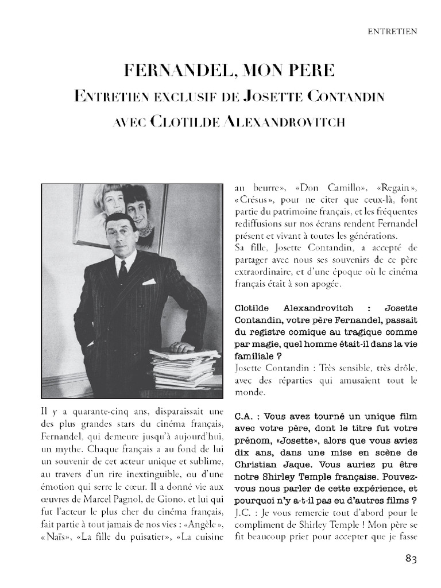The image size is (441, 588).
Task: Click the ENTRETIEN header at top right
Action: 393,32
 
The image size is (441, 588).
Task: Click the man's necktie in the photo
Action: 122,271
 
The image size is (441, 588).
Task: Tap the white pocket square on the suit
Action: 149,281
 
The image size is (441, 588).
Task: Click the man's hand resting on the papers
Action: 183,347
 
